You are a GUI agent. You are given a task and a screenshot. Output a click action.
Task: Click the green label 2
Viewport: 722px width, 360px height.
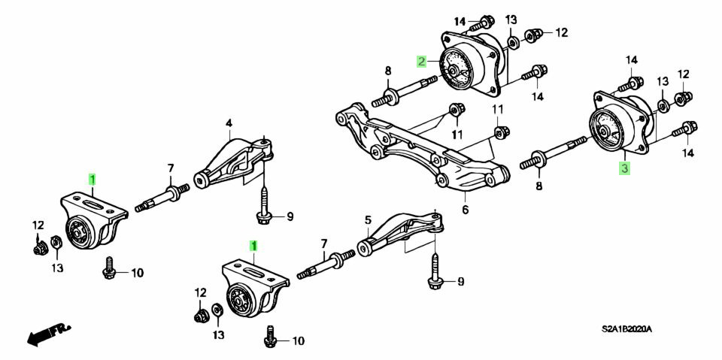click(x=423, y=61)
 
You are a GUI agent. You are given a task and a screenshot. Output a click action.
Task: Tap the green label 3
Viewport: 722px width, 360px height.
click(x=624, y=169)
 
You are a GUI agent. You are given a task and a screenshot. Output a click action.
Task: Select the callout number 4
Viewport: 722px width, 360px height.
click(x=229, y=123)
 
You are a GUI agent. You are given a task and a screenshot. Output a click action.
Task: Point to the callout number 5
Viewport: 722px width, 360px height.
click(x=369, y=220)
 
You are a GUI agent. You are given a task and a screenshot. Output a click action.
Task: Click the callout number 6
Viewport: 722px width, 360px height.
click(x=465, y=210)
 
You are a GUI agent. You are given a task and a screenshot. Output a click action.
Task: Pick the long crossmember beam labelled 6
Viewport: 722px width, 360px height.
click(x=421, y=147)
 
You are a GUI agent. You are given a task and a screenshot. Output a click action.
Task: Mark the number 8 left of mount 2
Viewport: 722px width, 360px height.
click(x=388, y=71)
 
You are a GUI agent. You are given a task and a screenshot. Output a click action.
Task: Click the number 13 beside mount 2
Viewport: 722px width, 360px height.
click(x=511, y=19)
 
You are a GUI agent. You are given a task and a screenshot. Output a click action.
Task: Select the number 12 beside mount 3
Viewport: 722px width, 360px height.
click(x=683, y=74)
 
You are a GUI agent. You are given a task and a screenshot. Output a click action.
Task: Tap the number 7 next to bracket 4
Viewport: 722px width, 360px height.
click(x=171, y=168)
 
